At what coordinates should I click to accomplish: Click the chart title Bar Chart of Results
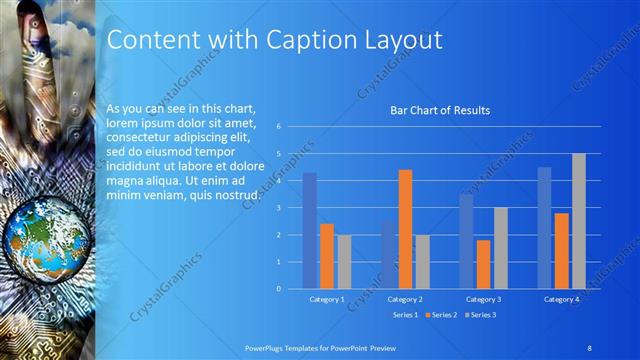(x=439, y=111)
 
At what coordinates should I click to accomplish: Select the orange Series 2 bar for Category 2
(x=405, y=229)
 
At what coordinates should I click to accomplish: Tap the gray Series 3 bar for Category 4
(x=579, y=221)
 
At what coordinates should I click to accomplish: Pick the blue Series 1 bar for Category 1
(x=310, y=230)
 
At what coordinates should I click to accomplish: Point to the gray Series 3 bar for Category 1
(x=344, y=261)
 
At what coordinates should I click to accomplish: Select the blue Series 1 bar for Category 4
(x=544, y=227)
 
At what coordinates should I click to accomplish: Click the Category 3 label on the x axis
(x=483, y=299)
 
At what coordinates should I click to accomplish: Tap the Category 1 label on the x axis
(x=327, y=299)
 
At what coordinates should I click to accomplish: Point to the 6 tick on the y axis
(x=279, y=126)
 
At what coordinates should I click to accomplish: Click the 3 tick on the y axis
(x=279, y=207)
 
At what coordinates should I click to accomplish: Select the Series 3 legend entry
(x=482, y=315)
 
